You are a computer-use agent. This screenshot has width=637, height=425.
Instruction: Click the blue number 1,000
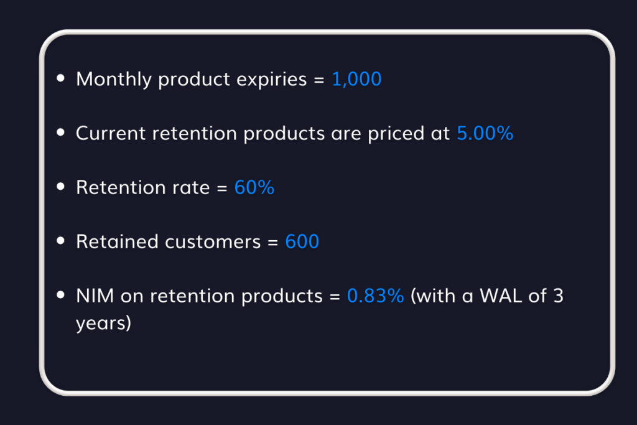(356, 80)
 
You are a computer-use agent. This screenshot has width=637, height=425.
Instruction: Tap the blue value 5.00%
(485, 133)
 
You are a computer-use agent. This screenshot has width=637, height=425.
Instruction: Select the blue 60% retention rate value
(254, 187)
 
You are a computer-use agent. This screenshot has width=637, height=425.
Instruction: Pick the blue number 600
(302, 241)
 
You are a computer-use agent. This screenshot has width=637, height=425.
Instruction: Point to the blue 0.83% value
(376, 296)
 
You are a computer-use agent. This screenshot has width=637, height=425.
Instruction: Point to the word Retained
(116, 241)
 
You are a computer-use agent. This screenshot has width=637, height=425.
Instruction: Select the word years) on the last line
(103, 324)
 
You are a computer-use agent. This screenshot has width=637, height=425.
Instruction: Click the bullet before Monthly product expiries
(60, 79)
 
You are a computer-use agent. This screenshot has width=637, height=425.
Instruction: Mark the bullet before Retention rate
(60, 187)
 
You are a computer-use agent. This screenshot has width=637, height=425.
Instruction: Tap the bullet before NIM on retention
(60, 295)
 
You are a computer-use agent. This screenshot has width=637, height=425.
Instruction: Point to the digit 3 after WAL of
(557, 296)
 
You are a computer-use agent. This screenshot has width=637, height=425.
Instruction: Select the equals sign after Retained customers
(272, 241)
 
